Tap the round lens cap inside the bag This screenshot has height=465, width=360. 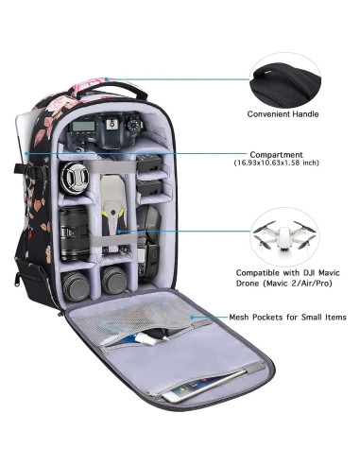point(77,180)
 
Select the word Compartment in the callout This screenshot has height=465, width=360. point(276,154)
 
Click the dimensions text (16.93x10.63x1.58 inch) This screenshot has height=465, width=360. point(276,164)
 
